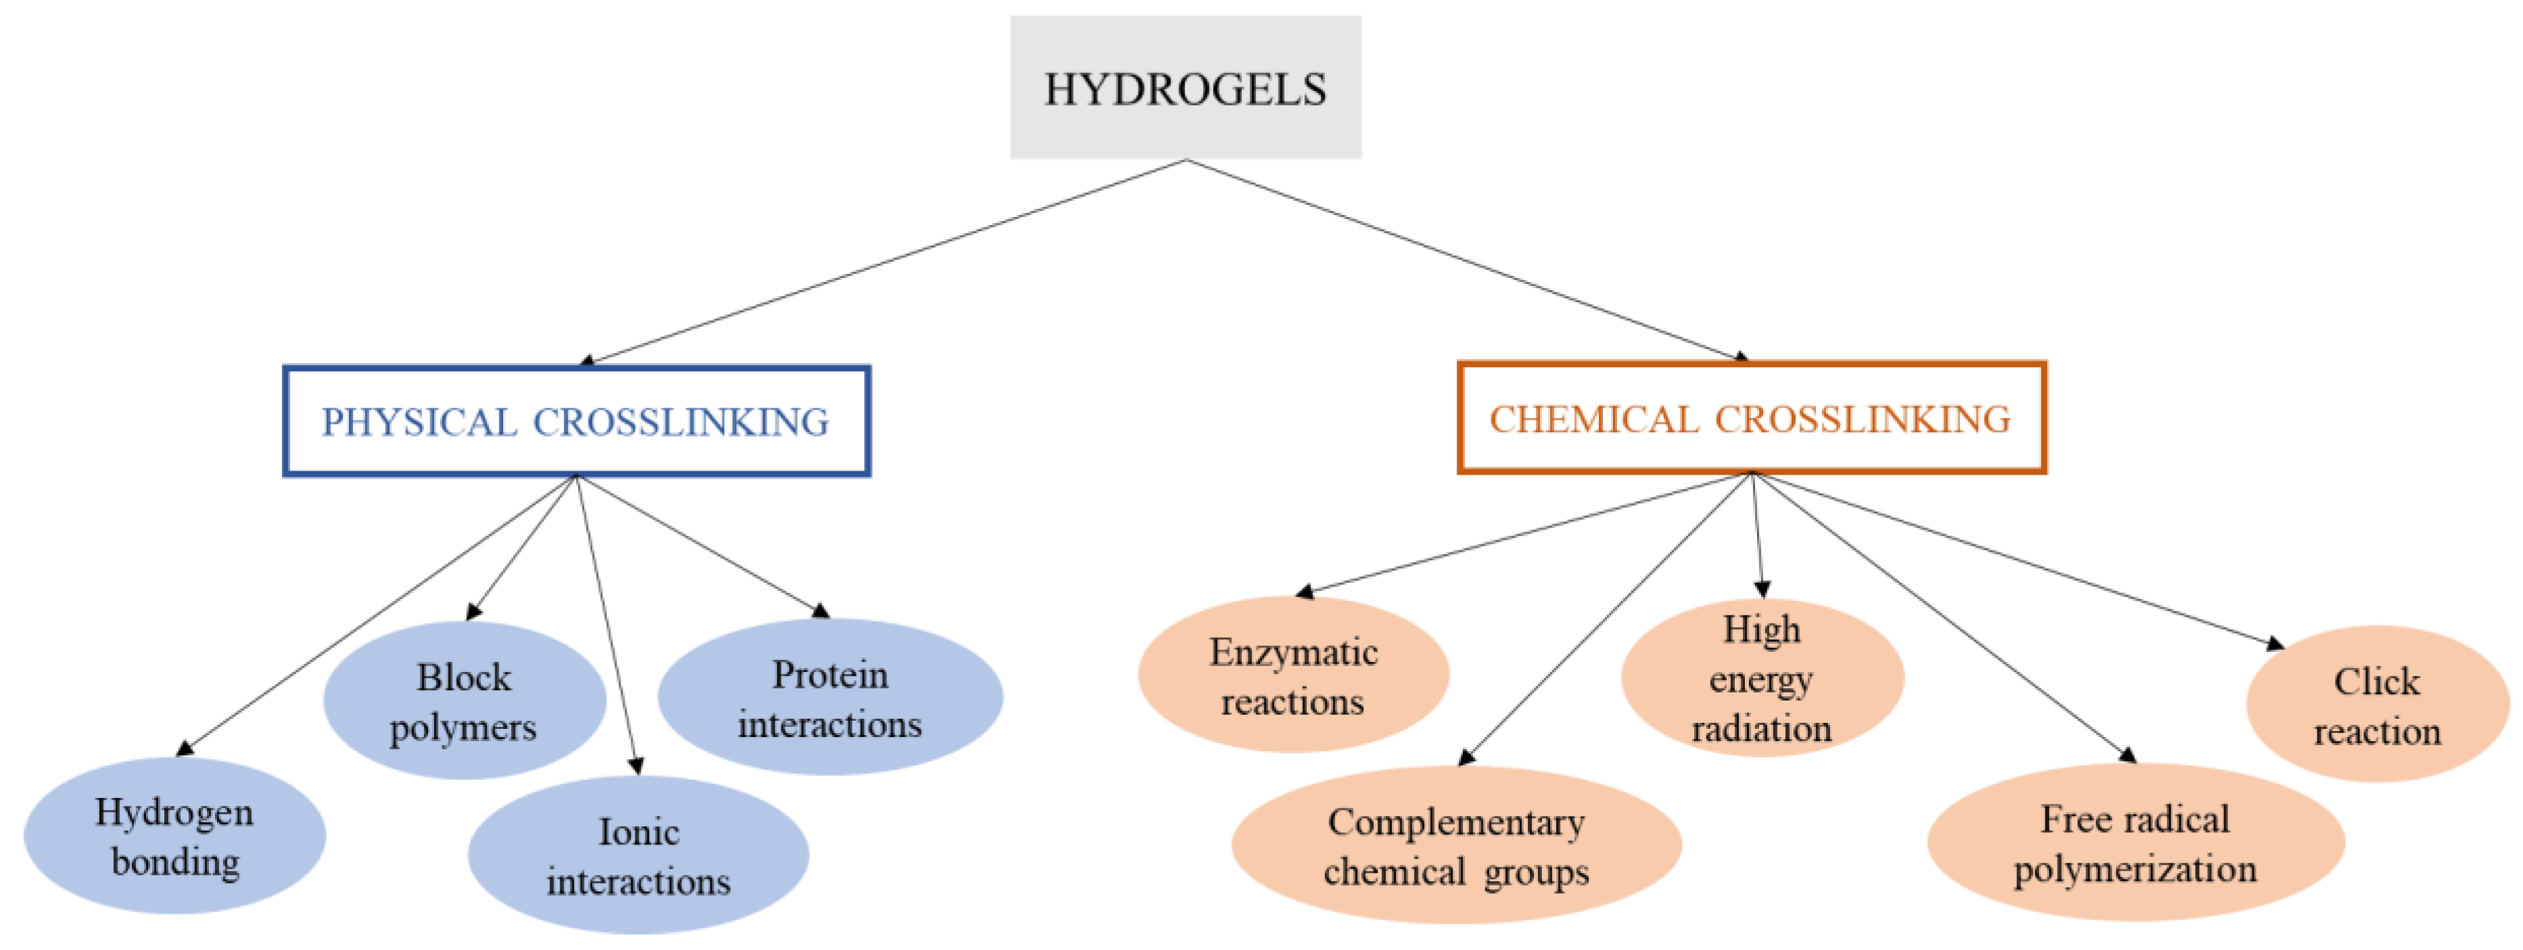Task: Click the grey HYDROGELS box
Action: point(1185,88)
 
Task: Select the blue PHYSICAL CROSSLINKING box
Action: point(576,422)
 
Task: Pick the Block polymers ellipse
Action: point(464,701)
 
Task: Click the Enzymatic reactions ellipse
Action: point(1293,675)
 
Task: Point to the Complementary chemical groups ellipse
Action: point(1456,845)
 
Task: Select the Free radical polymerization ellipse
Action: point(2135,843)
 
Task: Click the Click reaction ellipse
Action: point(2377,705)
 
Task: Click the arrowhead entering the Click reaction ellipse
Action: point(2275,644)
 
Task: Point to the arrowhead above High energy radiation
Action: point(1762,589)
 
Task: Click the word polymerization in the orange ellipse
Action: point(2135,869)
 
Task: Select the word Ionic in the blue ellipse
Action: point(639,832)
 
